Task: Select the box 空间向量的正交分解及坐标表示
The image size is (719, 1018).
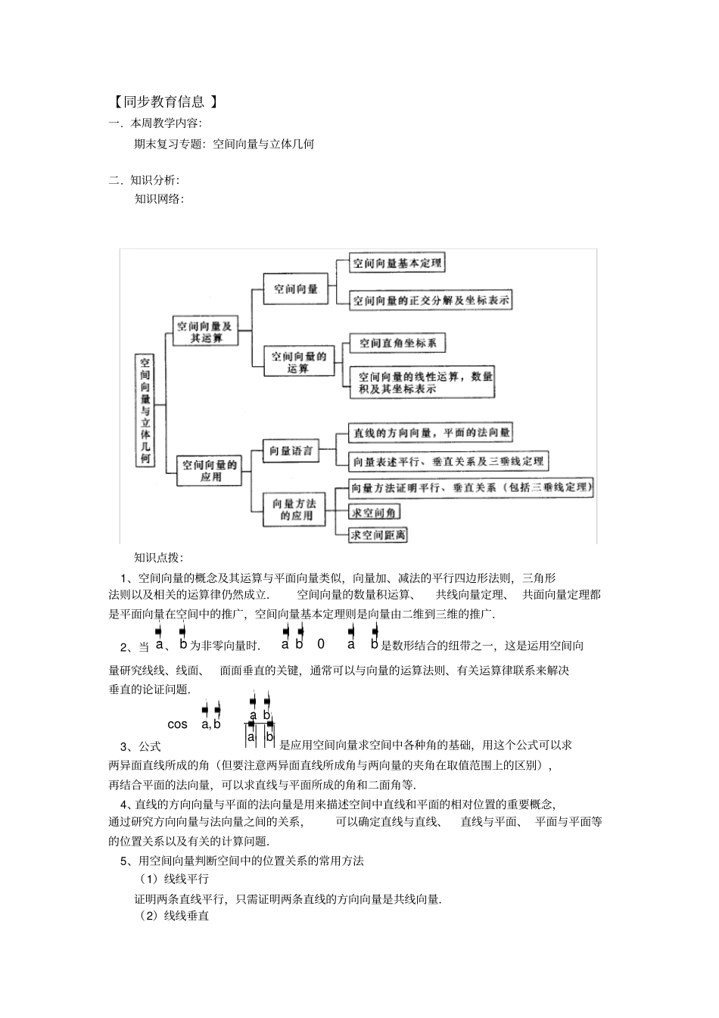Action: tap(431, 300)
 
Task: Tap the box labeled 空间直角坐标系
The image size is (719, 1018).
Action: tap(397, 343)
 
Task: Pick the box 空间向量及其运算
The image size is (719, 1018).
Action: tap(205, 332)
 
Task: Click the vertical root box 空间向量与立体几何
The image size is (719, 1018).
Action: tap(145, 410)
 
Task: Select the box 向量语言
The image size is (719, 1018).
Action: tap(291, 451)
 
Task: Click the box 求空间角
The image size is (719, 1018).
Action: tap(374, 512)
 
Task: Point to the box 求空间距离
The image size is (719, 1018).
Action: tap(378, 534)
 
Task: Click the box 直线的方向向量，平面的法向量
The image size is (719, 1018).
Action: tap(430, 433)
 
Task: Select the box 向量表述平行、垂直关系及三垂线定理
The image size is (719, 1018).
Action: tap(447, 460)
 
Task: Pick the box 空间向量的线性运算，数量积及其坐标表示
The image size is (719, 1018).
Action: tap(422, 382)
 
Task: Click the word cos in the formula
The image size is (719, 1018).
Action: tap(177, 724)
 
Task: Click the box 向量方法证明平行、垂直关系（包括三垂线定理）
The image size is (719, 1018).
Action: tap(470, 487)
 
